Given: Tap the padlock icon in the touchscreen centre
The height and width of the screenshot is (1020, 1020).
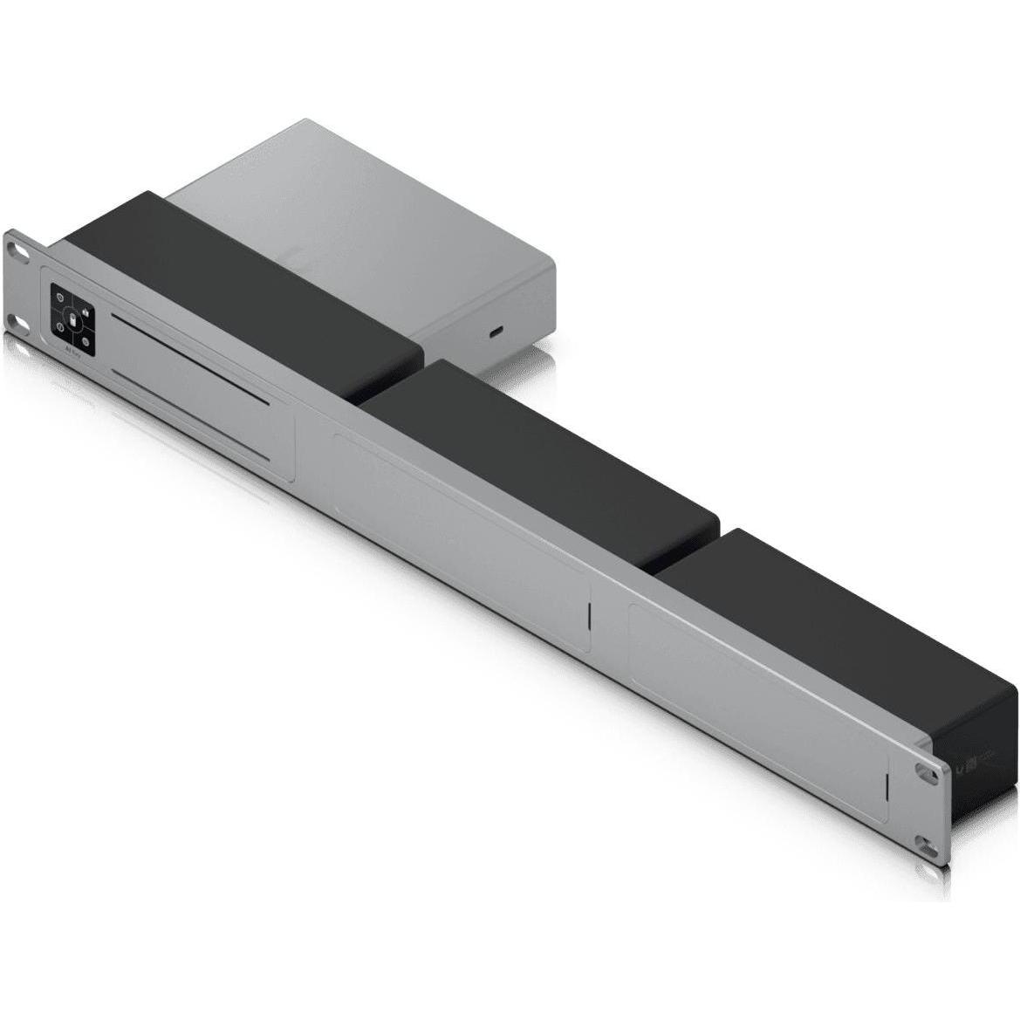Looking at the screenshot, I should click(x=73, y=320).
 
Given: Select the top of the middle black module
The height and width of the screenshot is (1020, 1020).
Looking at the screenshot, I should click(x=541, y=454).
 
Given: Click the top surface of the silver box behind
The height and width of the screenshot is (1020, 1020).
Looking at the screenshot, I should click(x=366, y=201).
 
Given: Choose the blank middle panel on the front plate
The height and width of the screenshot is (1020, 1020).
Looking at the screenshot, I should click(x=458, y=541).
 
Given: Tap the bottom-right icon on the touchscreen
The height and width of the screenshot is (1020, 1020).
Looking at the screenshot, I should click(x=88, y=339).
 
